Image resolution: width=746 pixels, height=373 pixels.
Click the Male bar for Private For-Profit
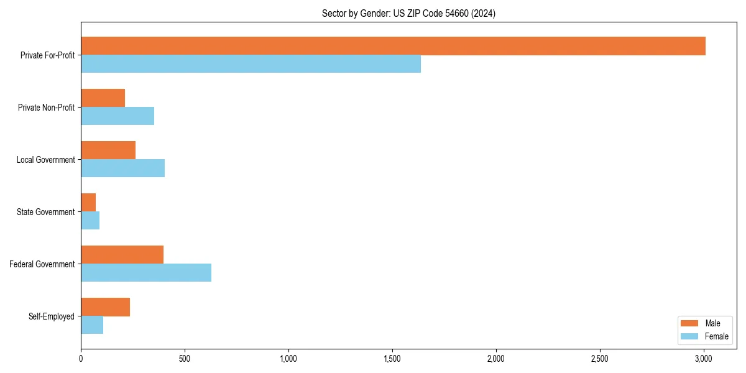(x=393, y=46)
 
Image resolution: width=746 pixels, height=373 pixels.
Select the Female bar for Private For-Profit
(x=251, y=64)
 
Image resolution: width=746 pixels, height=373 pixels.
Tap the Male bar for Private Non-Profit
(x=103, y=98)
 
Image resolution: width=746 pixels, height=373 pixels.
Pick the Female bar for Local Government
(x=122, y=168)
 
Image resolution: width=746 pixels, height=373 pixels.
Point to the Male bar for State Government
(x=88, y=203)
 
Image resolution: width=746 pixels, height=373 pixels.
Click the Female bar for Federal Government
(x=146, y=273)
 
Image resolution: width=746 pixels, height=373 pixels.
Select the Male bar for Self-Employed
(x=105, y=307)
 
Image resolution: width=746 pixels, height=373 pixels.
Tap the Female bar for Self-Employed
(x=92, y=325)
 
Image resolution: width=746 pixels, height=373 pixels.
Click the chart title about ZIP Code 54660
(x=408, y=13)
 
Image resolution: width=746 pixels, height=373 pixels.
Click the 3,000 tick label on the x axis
(x=704, y=359)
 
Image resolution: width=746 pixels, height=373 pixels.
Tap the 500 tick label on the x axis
(x=185, y=359)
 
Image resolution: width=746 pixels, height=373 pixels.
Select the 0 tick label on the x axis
(x=81, y=359)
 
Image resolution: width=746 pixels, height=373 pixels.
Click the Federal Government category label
(x=42, y=264)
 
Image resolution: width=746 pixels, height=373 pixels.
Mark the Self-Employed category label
(x=52, y=316)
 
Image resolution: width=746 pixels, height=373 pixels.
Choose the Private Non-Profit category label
(x=47, y=108)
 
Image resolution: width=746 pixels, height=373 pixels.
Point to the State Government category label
(x=46, y=212)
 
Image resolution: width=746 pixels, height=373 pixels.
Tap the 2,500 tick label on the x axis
(x=600, y=359)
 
